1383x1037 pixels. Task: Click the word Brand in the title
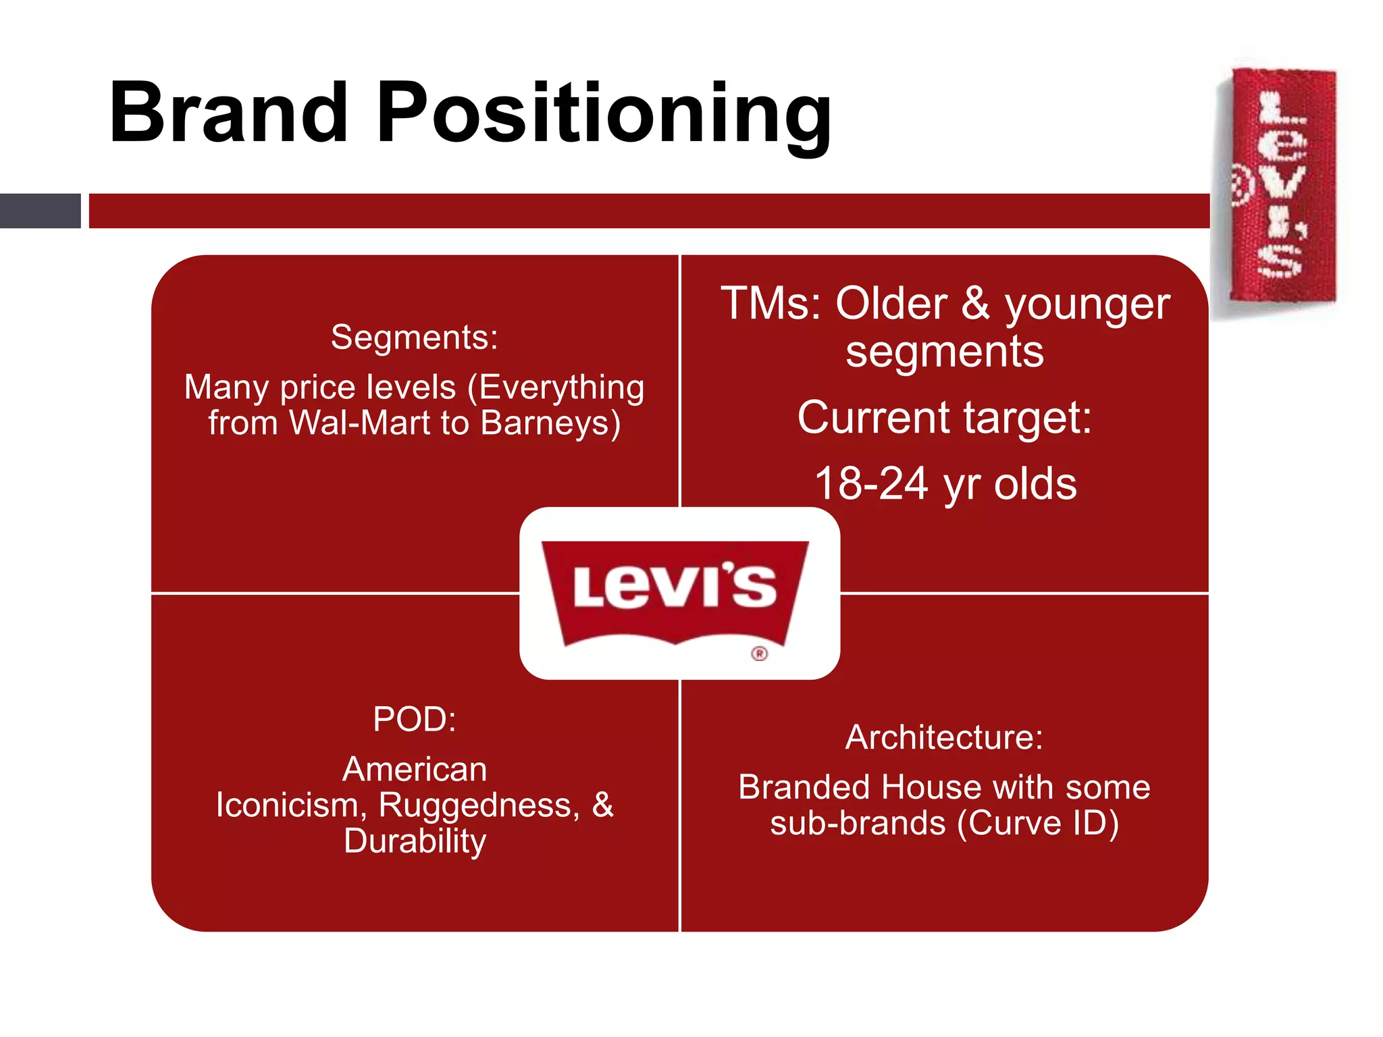(x=228, y=113)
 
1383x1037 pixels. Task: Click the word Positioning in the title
(x=604, y=115)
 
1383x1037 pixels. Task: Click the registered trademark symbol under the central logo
(x=760, y=654)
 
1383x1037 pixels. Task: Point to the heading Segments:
(x=414, y=337)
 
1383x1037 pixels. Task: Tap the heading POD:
(x=414, y=719)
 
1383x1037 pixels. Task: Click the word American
(x=414, y=770)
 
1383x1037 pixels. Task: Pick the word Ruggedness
(x=478, y=805)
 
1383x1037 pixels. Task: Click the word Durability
(x=415, y=841)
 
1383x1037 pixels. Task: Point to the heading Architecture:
(x=944, y=737)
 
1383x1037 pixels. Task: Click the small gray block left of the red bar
(x=40, y=211)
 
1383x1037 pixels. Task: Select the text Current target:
(x=944, y=417)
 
